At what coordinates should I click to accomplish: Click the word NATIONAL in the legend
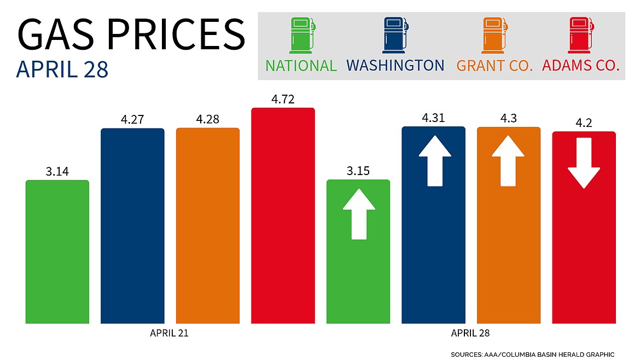click(301, 66)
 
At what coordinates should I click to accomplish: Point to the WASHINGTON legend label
click(395, 66)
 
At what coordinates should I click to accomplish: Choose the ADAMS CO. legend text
click(580, 66)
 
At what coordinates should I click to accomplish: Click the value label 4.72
click(283, 99)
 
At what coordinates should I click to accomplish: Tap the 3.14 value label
click(57, 171)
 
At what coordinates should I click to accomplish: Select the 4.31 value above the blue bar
click(433, 118)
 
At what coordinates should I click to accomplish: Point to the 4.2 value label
click(584, 123)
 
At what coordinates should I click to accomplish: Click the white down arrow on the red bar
click(584, 163)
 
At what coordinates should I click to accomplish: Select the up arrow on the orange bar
click(509, 161)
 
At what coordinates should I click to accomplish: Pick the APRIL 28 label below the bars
click(471, 332)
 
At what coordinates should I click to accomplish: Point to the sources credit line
click(533, 355)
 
